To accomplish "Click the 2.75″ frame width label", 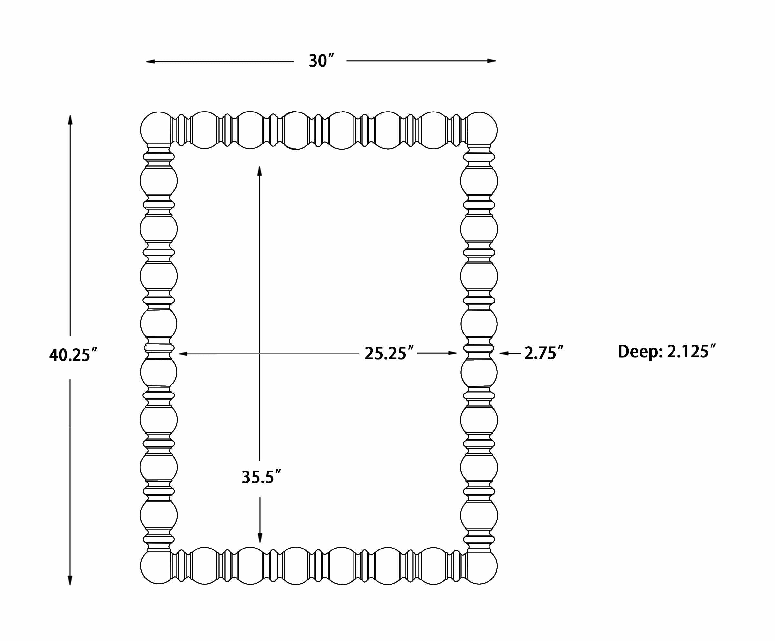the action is pos(544,353).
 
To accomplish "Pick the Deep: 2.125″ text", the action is pos(667,351).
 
